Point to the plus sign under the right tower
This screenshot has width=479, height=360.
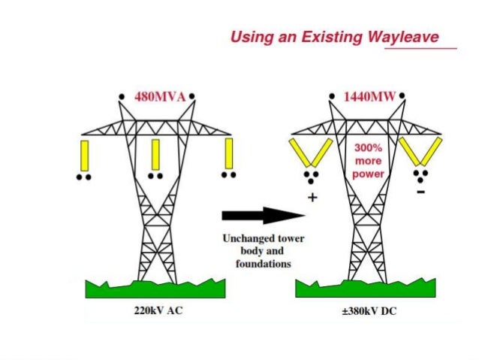312,198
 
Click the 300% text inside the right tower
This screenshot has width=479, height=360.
368,148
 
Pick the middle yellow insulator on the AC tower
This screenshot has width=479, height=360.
155,154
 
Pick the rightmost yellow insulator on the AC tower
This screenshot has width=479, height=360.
228,154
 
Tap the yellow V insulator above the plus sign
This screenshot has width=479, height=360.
312,151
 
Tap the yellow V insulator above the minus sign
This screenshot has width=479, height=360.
420,151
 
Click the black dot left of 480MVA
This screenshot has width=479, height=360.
122,97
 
